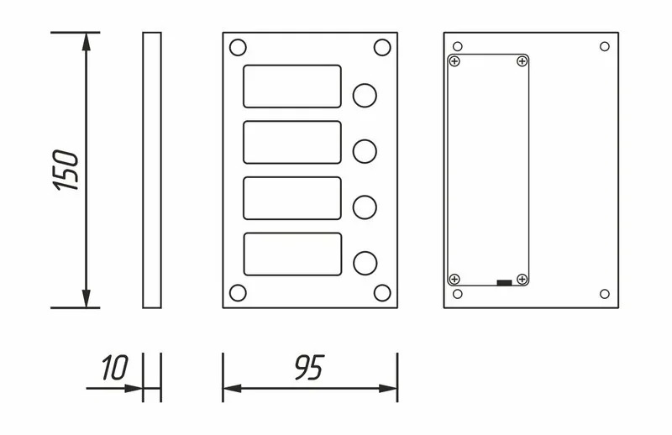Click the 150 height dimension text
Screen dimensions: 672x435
[x=66, y=170]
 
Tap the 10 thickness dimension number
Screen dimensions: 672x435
[x=115, y=367]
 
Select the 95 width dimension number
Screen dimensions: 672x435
[x=309, y=367]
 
